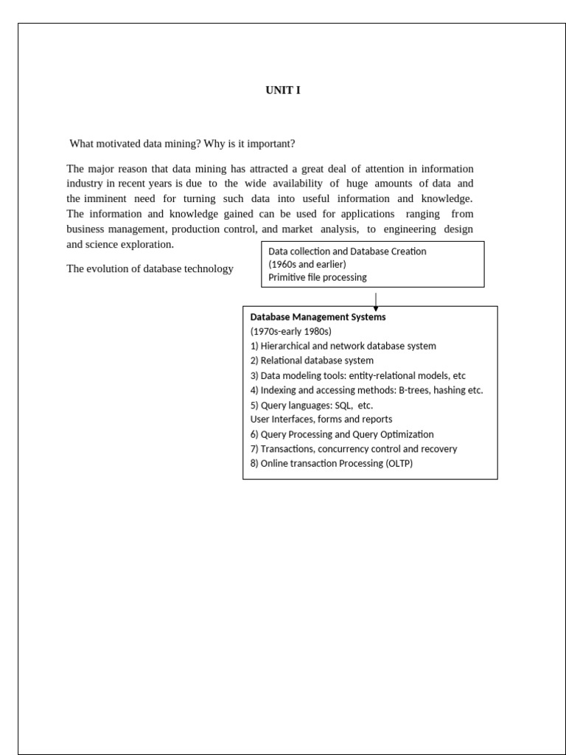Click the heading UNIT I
point(283,91)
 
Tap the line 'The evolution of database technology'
point(150,269)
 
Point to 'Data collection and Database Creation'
point(347,251)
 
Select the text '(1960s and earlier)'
point(307,264)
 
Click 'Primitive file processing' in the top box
point(318,277)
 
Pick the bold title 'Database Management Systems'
point(318,317)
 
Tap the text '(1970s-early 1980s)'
point(290,332)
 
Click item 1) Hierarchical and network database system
point(343,346)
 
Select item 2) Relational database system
point(312,361)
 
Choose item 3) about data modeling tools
point(358,375)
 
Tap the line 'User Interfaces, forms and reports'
point(321,420)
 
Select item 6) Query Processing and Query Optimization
point(342,434)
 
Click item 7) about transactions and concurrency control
point(354,449)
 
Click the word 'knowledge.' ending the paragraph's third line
point(447,199)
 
